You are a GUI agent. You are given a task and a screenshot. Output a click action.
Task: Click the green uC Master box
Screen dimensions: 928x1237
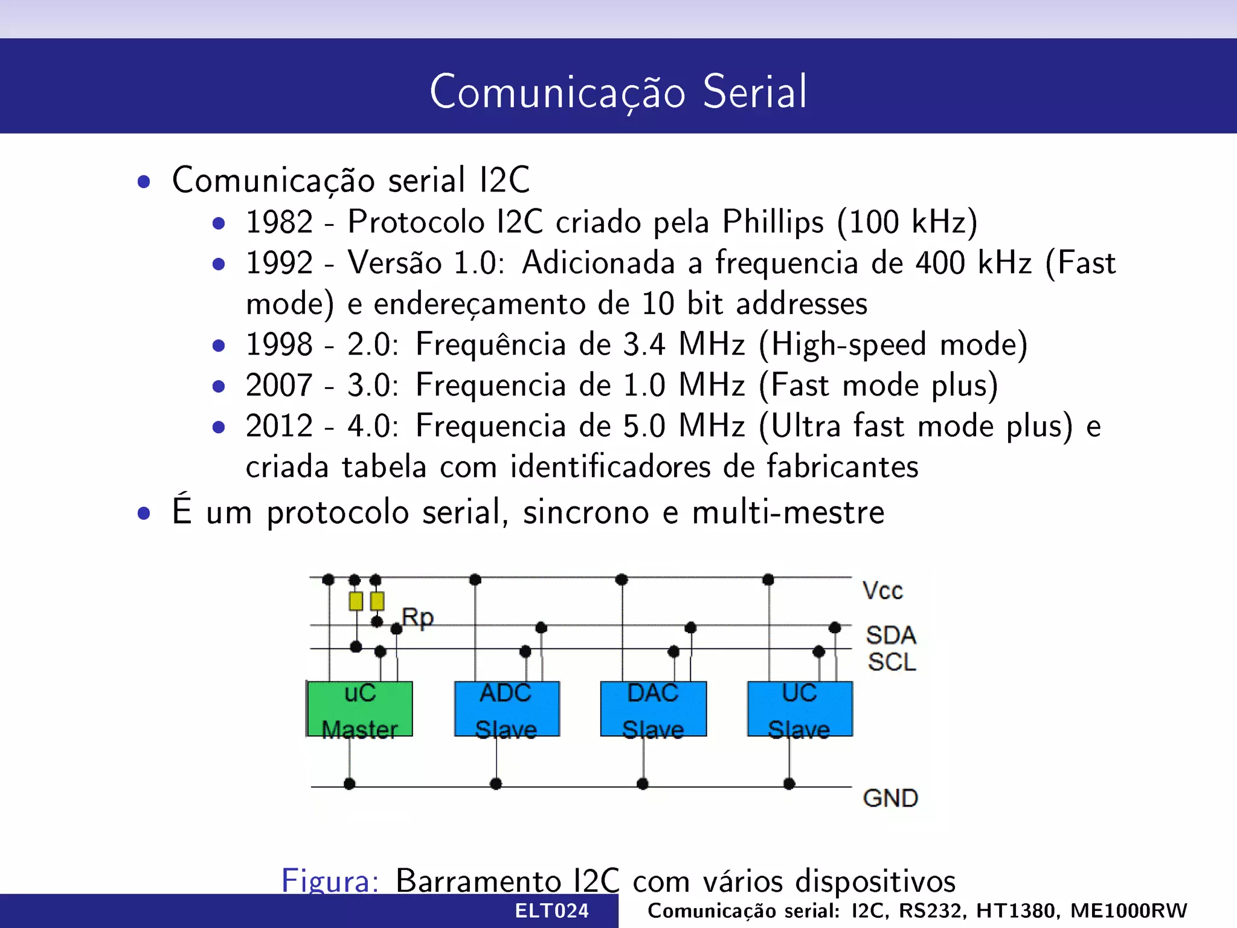360,709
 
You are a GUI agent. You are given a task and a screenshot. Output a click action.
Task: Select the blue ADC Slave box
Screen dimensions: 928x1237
507,709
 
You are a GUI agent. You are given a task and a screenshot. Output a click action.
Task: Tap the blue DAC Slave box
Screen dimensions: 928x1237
653,709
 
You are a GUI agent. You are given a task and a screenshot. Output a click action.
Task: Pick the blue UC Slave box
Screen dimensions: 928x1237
800,709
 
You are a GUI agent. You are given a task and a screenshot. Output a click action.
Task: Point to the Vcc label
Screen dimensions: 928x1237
882,591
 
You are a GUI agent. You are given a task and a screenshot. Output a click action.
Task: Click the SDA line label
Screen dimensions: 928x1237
891,635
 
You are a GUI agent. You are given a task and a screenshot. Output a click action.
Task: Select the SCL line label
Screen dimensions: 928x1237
892,662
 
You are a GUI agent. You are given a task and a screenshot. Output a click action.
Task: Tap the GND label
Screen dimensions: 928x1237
890,798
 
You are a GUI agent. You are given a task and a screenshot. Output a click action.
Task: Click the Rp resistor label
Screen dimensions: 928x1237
418,617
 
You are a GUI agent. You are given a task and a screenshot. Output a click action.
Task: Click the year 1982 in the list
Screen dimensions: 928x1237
279,222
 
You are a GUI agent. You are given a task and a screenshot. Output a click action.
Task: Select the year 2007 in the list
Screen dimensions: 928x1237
279,385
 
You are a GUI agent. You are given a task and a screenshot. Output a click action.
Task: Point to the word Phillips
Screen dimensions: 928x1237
773,222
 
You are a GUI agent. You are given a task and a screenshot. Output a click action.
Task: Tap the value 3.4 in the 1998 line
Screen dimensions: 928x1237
643,344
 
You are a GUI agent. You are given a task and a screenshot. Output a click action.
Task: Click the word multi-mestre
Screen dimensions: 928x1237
788,512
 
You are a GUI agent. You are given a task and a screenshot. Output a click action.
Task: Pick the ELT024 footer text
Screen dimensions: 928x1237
551,910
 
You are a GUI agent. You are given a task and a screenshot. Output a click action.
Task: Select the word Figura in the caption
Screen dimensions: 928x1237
330,880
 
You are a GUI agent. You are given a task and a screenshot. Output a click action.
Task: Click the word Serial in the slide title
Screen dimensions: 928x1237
754,92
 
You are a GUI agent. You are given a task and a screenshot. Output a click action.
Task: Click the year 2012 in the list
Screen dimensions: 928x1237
279,426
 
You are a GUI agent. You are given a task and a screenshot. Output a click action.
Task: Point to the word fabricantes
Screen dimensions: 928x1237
842,467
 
